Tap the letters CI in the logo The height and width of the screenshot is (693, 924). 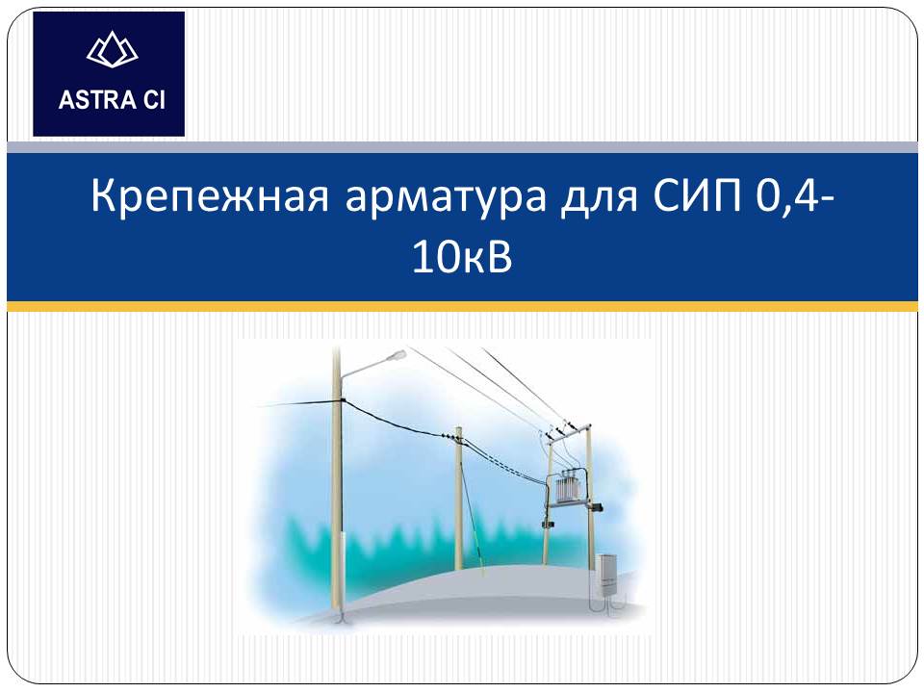(x=155, y=100)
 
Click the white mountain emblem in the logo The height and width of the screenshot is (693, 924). (x=112, y=49)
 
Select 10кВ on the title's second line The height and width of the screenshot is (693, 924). (x=462, y=258)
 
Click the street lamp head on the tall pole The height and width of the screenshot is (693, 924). (x=396, y=355)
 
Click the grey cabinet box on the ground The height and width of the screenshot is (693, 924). (x=607, y=575)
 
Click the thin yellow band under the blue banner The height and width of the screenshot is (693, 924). (x=462, y=306)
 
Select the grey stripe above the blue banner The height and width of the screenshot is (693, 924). (x=462, y=147)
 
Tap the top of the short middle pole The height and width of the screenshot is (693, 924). (x=458, y=430)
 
